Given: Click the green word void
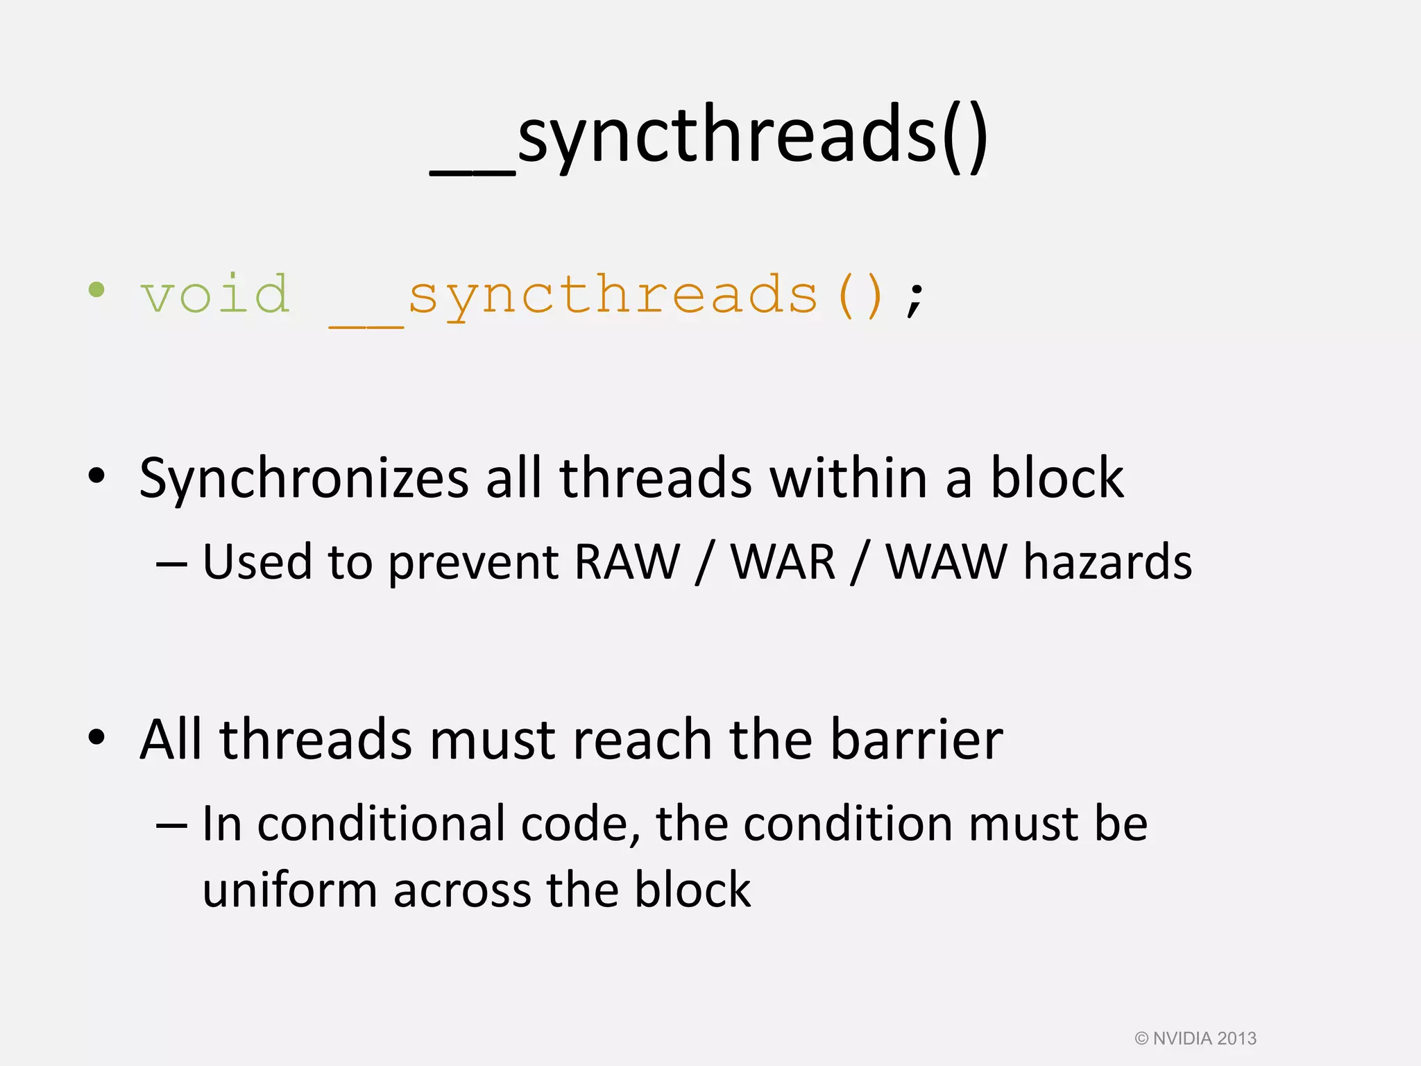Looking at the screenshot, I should click(215, 295).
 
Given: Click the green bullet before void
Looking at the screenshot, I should click(96, 290).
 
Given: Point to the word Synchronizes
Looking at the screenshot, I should click(304, 479).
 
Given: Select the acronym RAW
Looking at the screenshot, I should click(627, 561).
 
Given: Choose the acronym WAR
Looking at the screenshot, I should click(783, 561).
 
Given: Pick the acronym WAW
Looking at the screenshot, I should click(946, 561).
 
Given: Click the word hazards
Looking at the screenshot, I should click(1107, 561).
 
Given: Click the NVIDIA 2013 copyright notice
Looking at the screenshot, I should click(1195, 1038).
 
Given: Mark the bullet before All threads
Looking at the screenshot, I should click(96, 737).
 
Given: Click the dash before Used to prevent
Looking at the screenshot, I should click(171, 563).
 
